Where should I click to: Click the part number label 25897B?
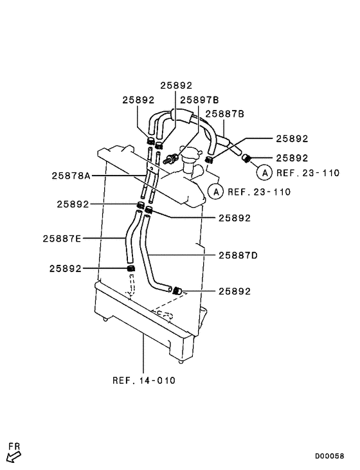(x=199, y=100)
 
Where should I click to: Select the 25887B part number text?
(x=224, y=114)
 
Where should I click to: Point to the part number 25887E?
(x=62, y=238)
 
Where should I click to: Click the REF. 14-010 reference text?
(x=144, y=379)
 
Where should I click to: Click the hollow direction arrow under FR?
(x=13, y=456)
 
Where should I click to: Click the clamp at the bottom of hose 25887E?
(x=130, y=268)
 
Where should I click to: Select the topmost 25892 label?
(x=176, y=85)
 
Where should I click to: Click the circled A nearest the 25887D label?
(x=217, y=191)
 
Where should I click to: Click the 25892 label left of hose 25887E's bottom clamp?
(x=66, y=269)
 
